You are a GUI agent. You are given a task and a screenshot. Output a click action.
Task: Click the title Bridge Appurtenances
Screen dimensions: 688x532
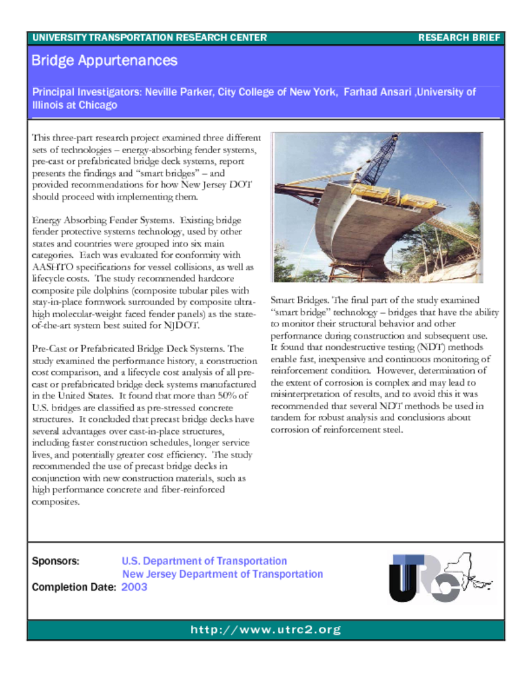[x=104, y=61]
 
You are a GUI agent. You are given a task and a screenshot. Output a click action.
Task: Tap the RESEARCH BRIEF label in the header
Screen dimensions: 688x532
[x=459, y=38]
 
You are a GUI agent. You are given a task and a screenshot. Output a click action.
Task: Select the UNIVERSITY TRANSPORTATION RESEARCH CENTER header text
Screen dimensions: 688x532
[x=149, y=38]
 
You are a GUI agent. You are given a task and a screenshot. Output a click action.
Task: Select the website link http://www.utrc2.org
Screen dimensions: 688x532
[x=266, y=630]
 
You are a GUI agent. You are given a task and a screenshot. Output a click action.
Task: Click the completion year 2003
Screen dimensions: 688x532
[x=135, y=587]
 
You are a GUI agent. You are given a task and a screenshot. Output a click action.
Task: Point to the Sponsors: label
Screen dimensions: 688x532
[x=56, y=561]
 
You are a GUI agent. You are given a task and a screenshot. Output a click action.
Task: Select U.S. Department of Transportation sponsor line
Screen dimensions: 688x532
[x=204, y=561]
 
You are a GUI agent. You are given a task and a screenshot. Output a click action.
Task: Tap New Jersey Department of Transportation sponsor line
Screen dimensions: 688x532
[x=223, y=574]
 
